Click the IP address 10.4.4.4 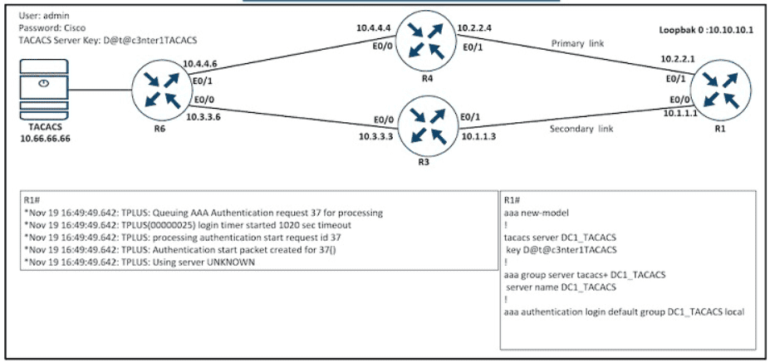pyautogui.click(x=372, y=28)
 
